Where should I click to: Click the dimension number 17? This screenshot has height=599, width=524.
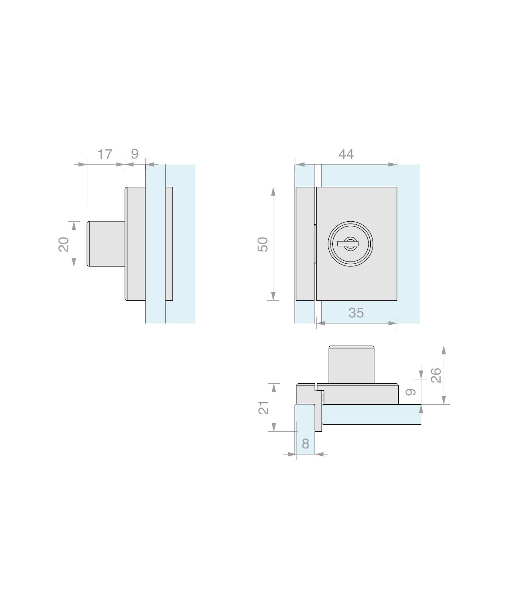[105, 154]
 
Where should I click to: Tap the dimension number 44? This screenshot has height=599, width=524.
[346, 154]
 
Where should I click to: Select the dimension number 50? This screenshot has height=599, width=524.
[263, 244]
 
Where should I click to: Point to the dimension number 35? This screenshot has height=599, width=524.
[356, 313]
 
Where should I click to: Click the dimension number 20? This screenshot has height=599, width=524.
[63, 244]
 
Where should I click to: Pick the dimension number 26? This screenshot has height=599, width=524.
[436, 375]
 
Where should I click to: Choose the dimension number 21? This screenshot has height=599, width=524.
[264, 407]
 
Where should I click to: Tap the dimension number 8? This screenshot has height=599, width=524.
[305, 444]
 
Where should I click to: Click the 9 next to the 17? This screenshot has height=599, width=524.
[134, 154]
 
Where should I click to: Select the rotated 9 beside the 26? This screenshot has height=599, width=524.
[410, 392]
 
